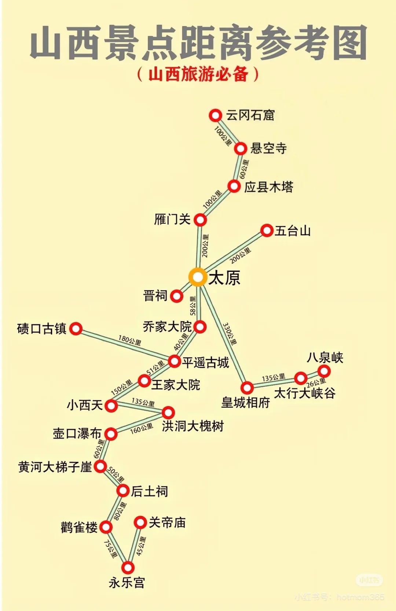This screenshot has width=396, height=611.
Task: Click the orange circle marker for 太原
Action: click(198, 277)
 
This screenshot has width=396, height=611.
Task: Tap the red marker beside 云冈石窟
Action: click(216, 115)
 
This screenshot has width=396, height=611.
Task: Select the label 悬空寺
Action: click(268, 148)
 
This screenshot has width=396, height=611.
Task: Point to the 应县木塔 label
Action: click(269, 187)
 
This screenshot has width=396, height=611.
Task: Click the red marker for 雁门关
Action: click(200, 220)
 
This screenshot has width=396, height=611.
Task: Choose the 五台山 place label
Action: click(293, 231)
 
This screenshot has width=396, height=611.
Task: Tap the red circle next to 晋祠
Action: click(177, 296)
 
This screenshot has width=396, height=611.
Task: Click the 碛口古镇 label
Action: click(41, 329)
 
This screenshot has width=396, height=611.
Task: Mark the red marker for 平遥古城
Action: click(175, 361)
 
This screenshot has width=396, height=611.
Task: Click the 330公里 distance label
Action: click(230, 334)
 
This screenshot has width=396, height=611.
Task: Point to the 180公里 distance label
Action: click(129, 340)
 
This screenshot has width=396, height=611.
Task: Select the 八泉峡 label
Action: click(325, 358)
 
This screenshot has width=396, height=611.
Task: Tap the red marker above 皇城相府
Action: click(247, 388)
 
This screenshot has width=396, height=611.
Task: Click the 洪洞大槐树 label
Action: click(192, 426)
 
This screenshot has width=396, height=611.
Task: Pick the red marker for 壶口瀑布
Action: click(111, 434)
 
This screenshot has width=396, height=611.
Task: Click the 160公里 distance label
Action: click(142, 429)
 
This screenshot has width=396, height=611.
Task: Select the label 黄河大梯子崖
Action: click(55, 467)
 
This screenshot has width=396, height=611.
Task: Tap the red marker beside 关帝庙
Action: click(140, 522)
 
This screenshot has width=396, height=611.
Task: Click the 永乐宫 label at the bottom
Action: click(127, 582)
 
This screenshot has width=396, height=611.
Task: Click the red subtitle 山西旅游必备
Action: click(198, 74)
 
